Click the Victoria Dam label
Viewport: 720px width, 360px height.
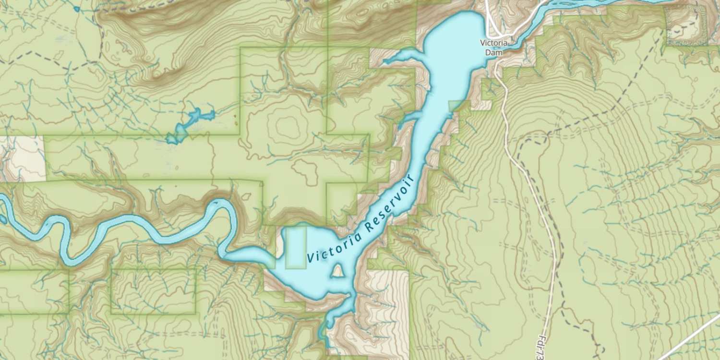tap(493, 47)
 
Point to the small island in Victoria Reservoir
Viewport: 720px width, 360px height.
tap(338, 272)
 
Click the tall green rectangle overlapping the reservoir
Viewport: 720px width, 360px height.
tap(296, 248)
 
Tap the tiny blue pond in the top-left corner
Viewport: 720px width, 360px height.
tap(76, 9)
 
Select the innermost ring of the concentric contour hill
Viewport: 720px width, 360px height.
tap(287, 126)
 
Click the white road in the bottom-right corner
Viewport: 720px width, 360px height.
tap(691, 338)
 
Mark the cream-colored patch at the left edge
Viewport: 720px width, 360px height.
tap(22, 158)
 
